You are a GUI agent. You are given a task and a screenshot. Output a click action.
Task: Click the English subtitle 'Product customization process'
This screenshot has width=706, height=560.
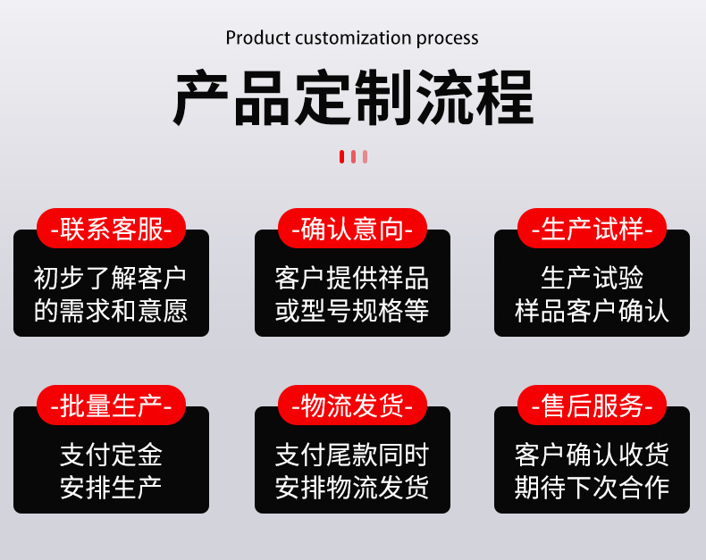[x=352, y=38]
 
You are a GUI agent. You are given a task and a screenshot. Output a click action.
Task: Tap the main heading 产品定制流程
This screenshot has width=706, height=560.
[x=353, y=97]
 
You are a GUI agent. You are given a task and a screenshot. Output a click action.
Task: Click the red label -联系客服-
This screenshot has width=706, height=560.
[x=111, y=229]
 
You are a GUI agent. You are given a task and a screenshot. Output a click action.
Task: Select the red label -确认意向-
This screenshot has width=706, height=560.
[x=352, y=229]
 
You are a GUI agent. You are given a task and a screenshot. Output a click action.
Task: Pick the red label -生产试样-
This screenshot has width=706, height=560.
[x=592, y=229]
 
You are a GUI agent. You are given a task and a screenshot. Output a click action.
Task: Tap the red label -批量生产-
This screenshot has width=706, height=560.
[x=111, y=405]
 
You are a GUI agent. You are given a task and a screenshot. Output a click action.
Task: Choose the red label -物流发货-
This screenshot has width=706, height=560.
[x=352, y=405]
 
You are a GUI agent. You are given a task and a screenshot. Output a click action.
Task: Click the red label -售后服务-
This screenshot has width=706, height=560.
[x=592, y=405]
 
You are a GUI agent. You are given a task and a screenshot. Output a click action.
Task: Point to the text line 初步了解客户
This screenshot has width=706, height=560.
[x=111, y=278]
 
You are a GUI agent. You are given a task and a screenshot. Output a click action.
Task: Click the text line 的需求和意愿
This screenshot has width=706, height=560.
[x=111, y=310]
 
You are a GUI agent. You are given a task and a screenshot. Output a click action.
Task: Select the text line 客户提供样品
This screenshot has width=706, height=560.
[x=352, y=278]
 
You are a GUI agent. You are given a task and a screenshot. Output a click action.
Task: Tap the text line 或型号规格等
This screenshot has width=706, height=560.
[x=352, y=310]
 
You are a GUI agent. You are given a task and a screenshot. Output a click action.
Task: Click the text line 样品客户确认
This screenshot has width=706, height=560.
[x=592, y=310]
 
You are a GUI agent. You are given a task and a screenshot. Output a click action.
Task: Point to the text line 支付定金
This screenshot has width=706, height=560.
[x=111, y=455]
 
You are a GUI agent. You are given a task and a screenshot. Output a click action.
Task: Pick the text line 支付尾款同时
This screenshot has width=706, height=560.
[x=352, y=455]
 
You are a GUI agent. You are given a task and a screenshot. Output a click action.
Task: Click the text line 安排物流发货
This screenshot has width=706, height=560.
[x=352, y=487]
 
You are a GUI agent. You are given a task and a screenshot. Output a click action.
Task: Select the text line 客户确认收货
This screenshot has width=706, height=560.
[x=592, y=455]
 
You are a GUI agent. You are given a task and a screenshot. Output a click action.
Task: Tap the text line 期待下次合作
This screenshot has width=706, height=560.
[x=592, y=487]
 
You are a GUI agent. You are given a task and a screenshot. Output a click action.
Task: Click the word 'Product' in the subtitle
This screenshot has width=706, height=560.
[x=257, y=38]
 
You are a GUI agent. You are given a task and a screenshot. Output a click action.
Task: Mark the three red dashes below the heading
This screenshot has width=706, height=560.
[x=353, y=157]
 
